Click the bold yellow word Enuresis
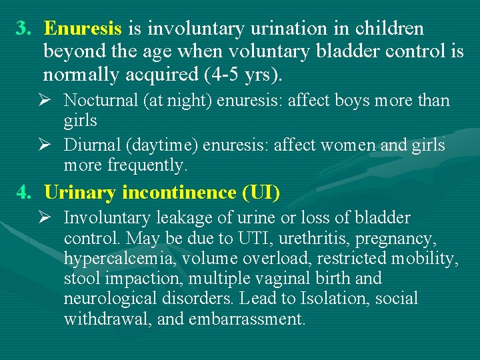coord(83,29)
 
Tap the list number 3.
coord(24,29)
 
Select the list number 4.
coord(24,193)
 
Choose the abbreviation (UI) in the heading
coord(261,193)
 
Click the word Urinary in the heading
coord(81,193)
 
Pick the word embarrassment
coord(247,319)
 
